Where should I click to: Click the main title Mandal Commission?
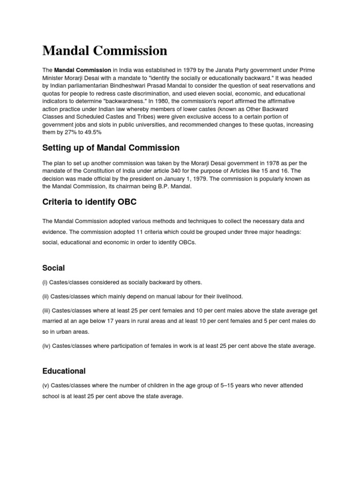[105, 51]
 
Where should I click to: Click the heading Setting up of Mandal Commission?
[111, 148]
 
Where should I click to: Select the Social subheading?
[53, 268]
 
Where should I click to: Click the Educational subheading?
[64, 371]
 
